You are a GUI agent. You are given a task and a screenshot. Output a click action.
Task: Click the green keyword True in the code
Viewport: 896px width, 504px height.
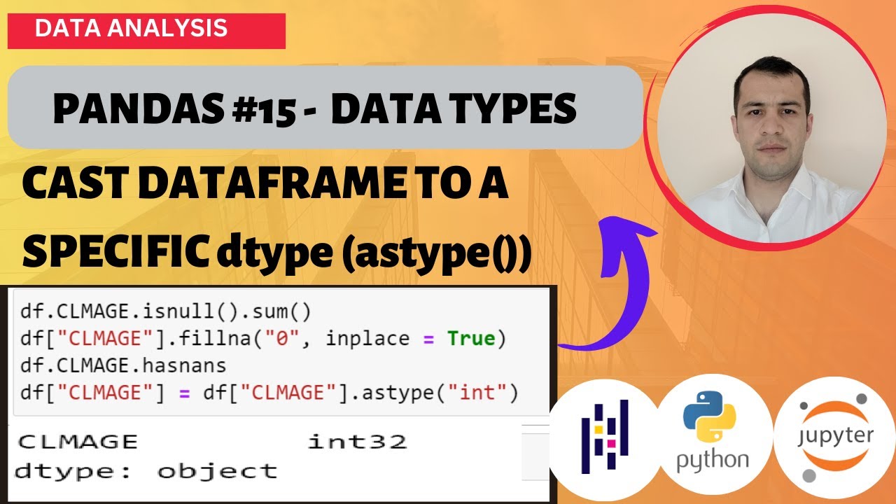[471, 338]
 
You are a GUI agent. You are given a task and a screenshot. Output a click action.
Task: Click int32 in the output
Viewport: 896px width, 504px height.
[357, 442]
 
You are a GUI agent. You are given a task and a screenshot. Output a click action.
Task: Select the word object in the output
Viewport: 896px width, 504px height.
[216, 471]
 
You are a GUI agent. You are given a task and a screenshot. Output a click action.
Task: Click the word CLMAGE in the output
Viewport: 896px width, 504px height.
[77, 442]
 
